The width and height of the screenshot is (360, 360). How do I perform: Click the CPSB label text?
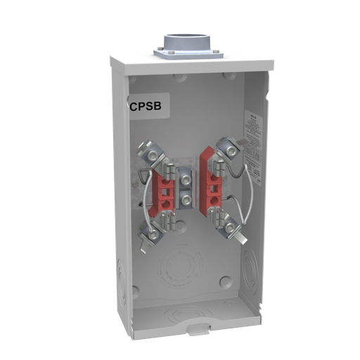143,107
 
